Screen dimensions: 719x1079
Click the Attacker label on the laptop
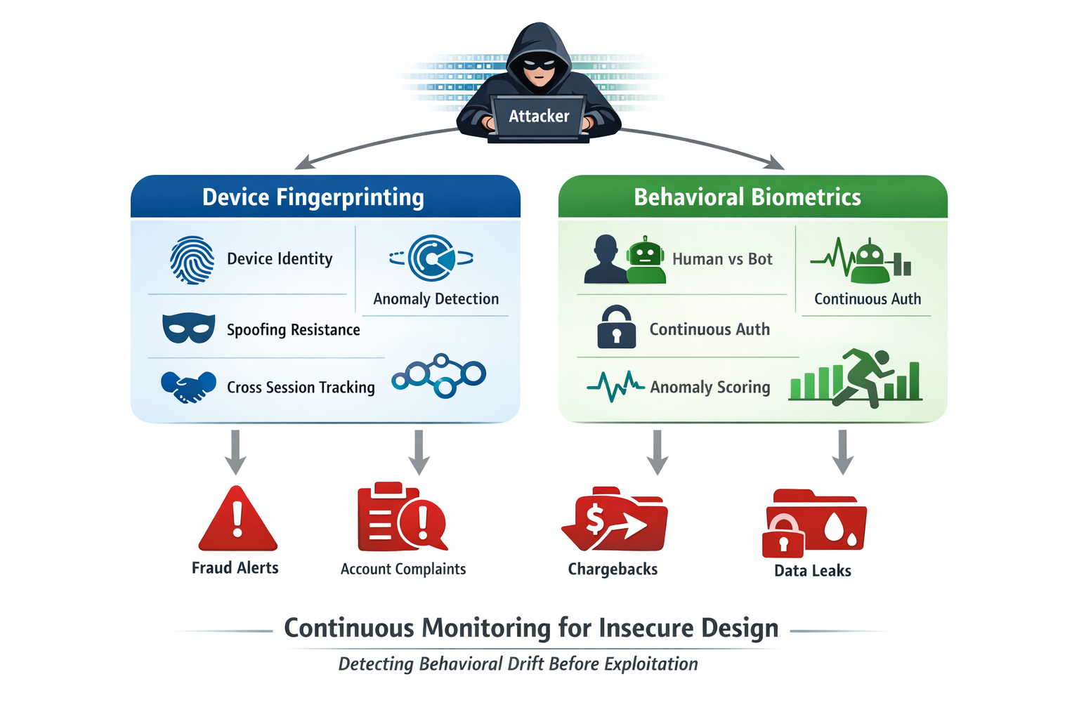pos(539,116)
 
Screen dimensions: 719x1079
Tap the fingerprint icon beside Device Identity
pos(192,260)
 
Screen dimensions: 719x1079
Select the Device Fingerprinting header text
pos(313,197)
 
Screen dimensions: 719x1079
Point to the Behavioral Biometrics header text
pos(747,197)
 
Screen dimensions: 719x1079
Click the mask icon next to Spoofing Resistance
pos(188,328)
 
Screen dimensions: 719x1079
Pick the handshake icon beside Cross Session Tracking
pos(188,386)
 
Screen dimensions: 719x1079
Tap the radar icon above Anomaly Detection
pos(431,258)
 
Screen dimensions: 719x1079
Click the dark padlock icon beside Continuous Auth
pos(616,327)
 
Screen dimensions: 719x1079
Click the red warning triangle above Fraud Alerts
pos(237,520)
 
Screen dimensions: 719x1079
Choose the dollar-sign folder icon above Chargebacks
pos(614,520)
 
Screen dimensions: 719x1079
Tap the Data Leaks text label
pos(812,571)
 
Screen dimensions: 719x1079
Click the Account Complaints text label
pos(403,569)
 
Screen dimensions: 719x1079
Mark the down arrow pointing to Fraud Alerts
pos(235,453)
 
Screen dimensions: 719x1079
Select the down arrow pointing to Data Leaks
pos(842,453)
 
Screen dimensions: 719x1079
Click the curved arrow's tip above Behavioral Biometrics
pos(780,166)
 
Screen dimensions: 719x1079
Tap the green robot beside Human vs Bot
pos(646,260)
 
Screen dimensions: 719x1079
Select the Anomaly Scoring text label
pos(709,387)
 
